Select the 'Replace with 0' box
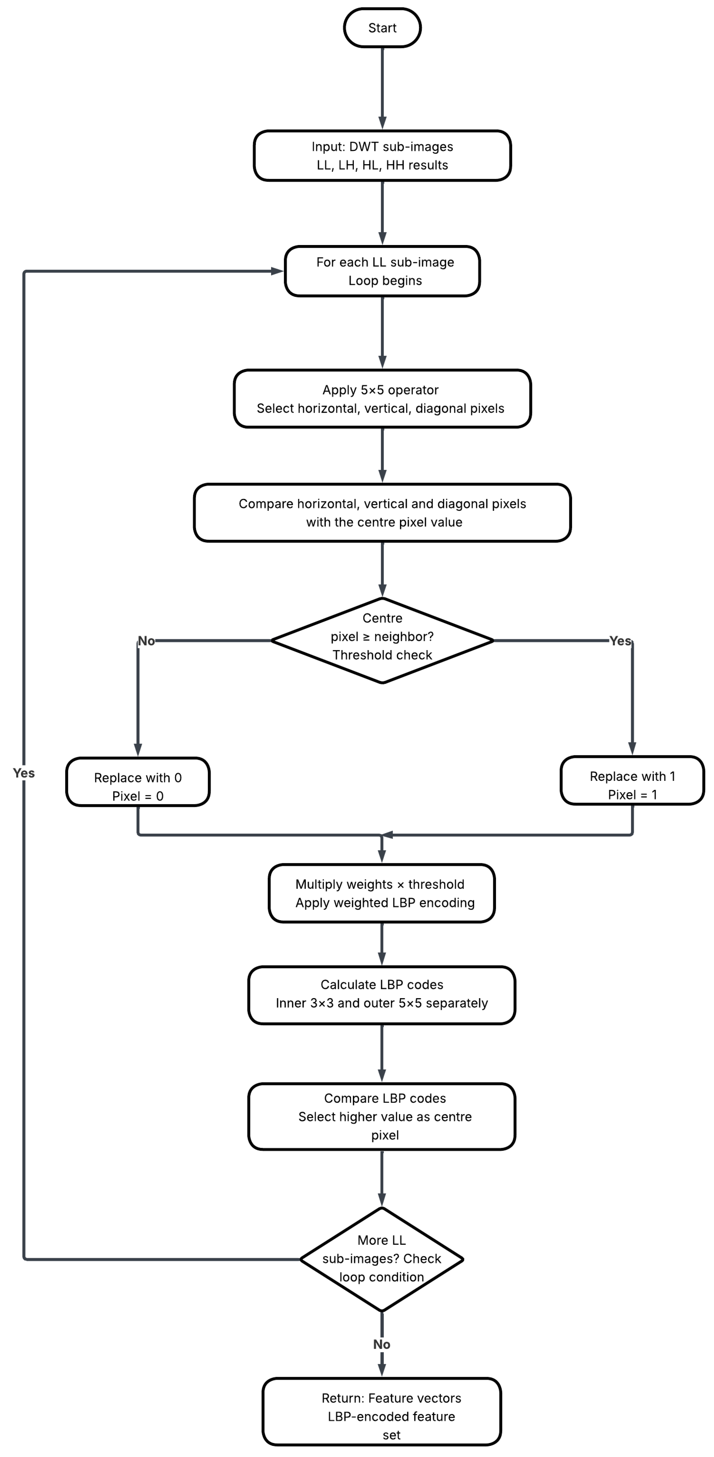pyautogui.click(x=137, y=782)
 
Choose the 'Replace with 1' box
pyautogui.click(x=632, y=780)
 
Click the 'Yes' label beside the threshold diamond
pyautogui.click(x=620, y=641)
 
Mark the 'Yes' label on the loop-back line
pyautogui.click(x=24, y=773)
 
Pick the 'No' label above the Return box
pyautogui.click(x=382, y=1344)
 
